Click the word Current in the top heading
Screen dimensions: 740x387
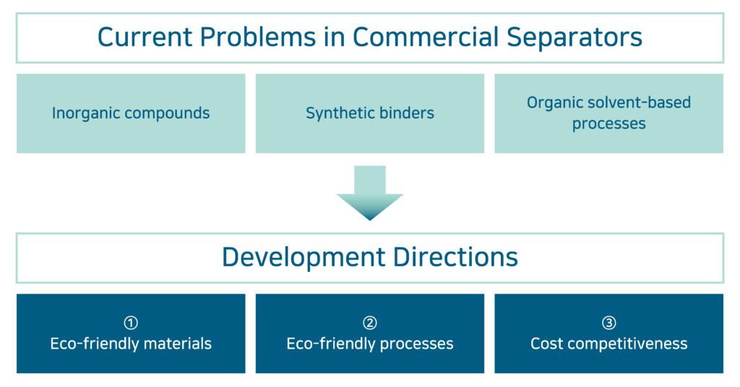145,37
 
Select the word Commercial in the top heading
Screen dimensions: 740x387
426,37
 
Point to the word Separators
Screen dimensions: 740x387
575,38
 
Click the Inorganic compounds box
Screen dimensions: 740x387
131,114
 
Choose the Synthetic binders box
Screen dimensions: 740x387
370,114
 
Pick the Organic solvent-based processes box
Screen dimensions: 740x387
608,114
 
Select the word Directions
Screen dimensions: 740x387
455,257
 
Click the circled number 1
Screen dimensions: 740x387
131,323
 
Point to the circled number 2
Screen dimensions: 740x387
370,323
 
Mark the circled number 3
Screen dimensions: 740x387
608,323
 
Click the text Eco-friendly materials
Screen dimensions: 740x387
131,344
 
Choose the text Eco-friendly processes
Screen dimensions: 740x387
370,344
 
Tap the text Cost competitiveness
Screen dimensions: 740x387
608,344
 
